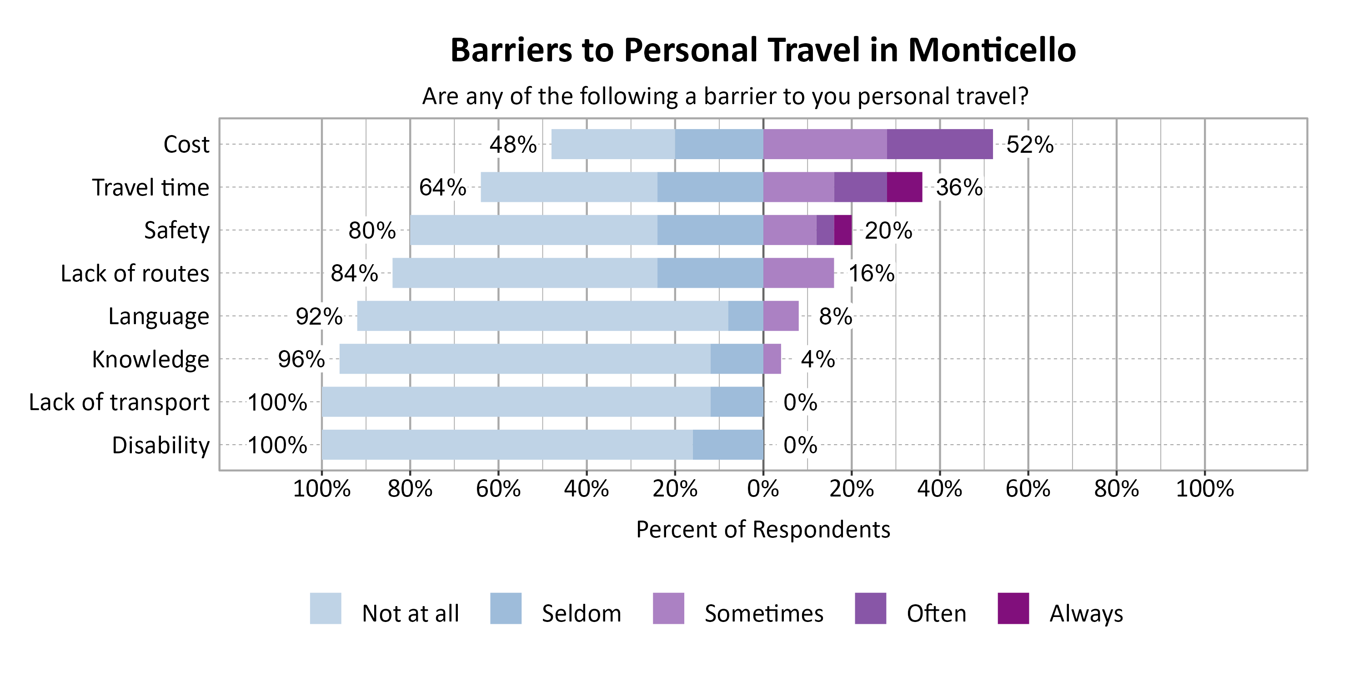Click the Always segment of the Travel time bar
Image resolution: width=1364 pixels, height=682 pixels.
pyautogui.click(x=904, y=187)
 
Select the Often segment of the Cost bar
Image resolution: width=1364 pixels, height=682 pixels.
pyautogui.click(x=940, y=144)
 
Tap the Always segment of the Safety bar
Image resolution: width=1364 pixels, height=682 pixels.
pyautogui.click(x=843, y=230)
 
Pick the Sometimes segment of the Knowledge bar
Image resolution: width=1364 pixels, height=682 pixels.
pyautogui.click(x=772, y=359)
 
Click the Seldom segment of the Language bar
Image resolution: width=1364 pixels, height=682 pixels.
pyautogui.click(x=746, y=316)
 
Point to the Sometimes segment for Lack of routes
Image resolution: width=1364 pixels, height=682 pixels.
pyautogui.click(x=798, y=273)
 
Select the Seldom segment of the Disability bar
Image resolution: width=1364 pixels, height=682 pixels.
pyautogui.click(x=728, y=445)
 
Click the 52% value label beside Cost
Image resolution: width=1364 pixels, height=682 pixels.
pyautogui.click(x=1029, y=145)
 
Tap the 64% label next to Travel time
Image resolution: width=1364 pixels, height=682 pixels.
pyautogui.click(x=443, y=187)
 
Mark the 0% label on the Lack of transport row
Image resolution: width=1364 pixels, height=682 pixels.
pyautogui.click(x=800, y=402)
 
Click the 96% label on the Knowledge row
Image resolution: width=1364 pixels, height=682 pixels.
pyautogui.click(x=301, y=360)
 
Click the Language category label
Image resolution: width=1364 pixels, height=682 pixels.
pyautogui.click(x=159, y=316)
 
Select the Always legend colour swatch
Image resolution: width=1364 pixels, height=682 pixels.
pyautogui.click(x=1013, y=608)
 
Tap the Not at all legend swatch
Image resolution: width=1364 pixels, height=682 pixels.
pyautogui.click(x=326, y=608)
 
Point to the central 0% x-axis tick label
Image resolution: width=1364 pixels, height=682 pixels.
pyautogui.click(x=763, y=489)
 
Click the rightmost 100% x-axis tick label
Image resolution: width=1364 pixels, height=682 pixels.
pyautogui.click(x=1204, y=489)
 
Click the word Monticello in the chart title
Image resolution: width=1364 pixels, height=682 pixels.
pyautogui.click(x=991, y=50)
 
